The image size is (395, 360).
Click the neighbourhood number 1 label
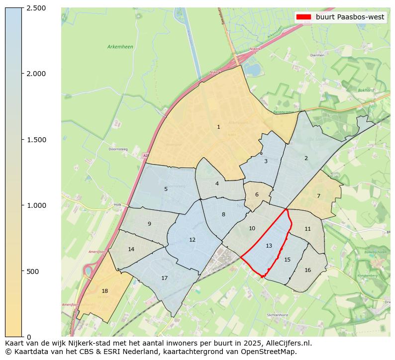[x=218, y=127]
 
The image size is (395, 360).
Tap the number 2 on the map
[x=306, y=159]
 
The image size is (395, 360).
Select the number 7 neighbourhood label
[x=318, y=196]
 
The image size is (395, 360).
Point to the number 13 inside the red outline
[x=269, y=246]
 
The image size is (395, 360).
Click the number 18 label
[x=104, y=291]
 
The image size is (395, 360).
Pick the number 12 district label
[x=192, y=240]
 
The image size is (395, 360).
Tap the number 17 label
[x=164, y=278]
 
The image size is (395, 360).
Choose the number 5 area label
[x=166, y=189]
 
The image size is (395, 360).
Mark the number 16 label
[x=307, y=270]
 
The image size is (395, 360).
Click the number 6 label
[x=257, y=195]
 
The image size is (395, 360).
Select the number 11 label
[x=307, y=229]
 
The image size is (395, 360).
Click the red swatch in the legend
[x=303, y=17]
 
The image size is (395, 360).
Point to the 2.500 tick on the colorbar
[x=36, y=8]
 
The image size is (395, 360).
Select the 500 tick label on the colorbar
[x=33, y=271]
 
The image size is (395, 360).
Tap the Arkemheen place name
[x=120, y=47]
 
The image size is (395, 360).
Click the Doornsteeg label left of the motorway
[x=118, y=149]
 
